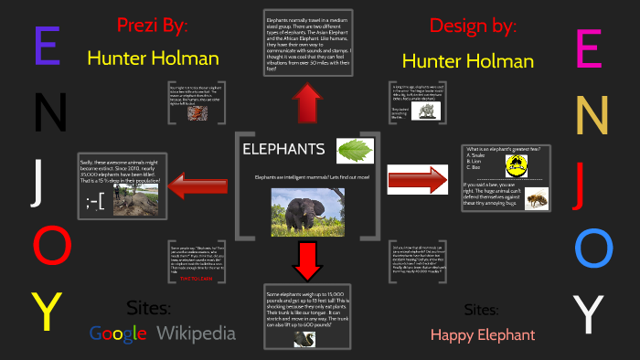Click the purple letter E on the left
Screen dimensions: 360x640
(46, 46)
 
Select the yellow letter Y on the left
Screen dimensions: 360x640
(47, 311)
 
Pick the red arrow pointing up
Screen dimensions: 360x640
(306, 101)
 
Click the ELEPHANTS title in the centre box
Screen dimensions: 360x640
(283, 149)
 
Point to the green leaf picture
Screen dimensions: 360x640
(355, 150)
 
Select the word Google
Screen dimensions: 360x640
(118, 334)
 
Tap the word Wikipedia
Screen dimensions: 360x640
(196, 334)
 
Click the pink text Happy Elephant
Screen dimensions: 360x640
(483, 334)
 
